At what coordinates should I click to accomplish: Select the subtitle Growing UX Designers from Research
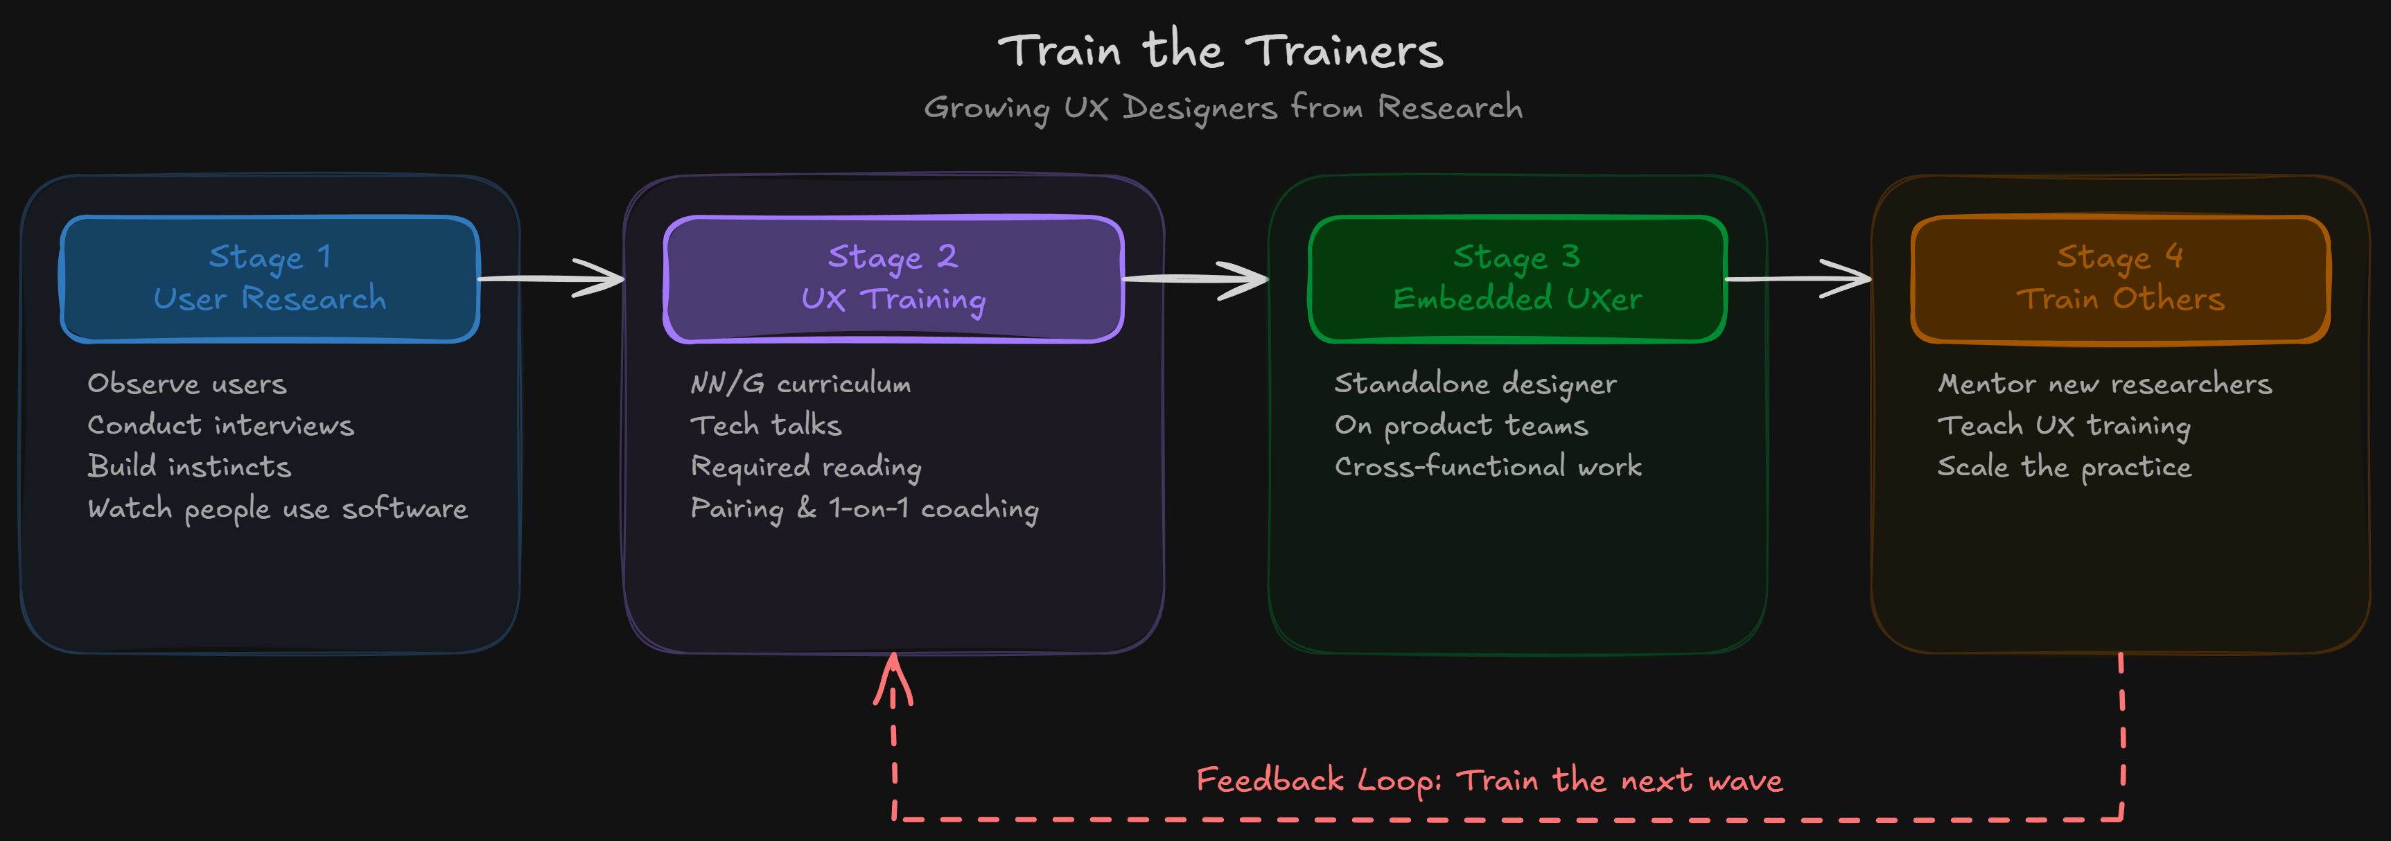[x=1223, y=107]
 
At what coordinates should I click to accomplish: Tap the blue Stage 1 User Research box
[x=269, y=278]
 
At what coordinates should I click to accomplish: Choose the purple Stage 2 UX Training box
[x=893, y=278]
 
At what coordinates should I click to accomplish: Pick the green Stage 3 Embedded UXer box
[x=1516, y=278]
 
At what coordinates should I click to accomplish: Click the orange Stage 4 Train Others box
[x=2120, y=278]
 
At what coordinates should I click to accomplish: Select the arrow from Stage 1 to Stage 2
[x=552, y=278]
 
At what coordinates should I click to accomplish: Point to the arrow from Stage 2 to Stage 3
[x=1195, y=278]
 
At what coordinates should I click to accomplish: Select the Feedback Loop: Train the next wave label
[x=1489, y=780]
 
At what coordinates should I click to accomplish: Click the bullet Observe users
[x=186, y=383]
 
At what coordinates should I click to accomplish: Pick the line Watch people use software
[x=277, y=508]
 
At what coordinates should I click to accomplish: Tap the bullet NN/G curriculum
[x=800, y=383]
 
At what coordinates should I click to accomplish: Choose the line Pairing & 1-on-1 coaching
[x=864, y=508]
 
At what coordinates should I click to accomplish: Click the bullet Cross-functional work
[x=1488, y=466]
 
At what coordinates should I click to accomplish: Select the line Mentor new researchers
[x=2104, y=383]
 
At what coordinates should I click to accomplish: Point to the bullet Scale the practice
[x=2065, y=466]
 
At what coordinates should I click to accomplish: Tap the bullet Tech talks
[x=766, y=425]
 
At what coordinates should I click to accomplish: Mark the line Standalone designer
[x=1475, y=383]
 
